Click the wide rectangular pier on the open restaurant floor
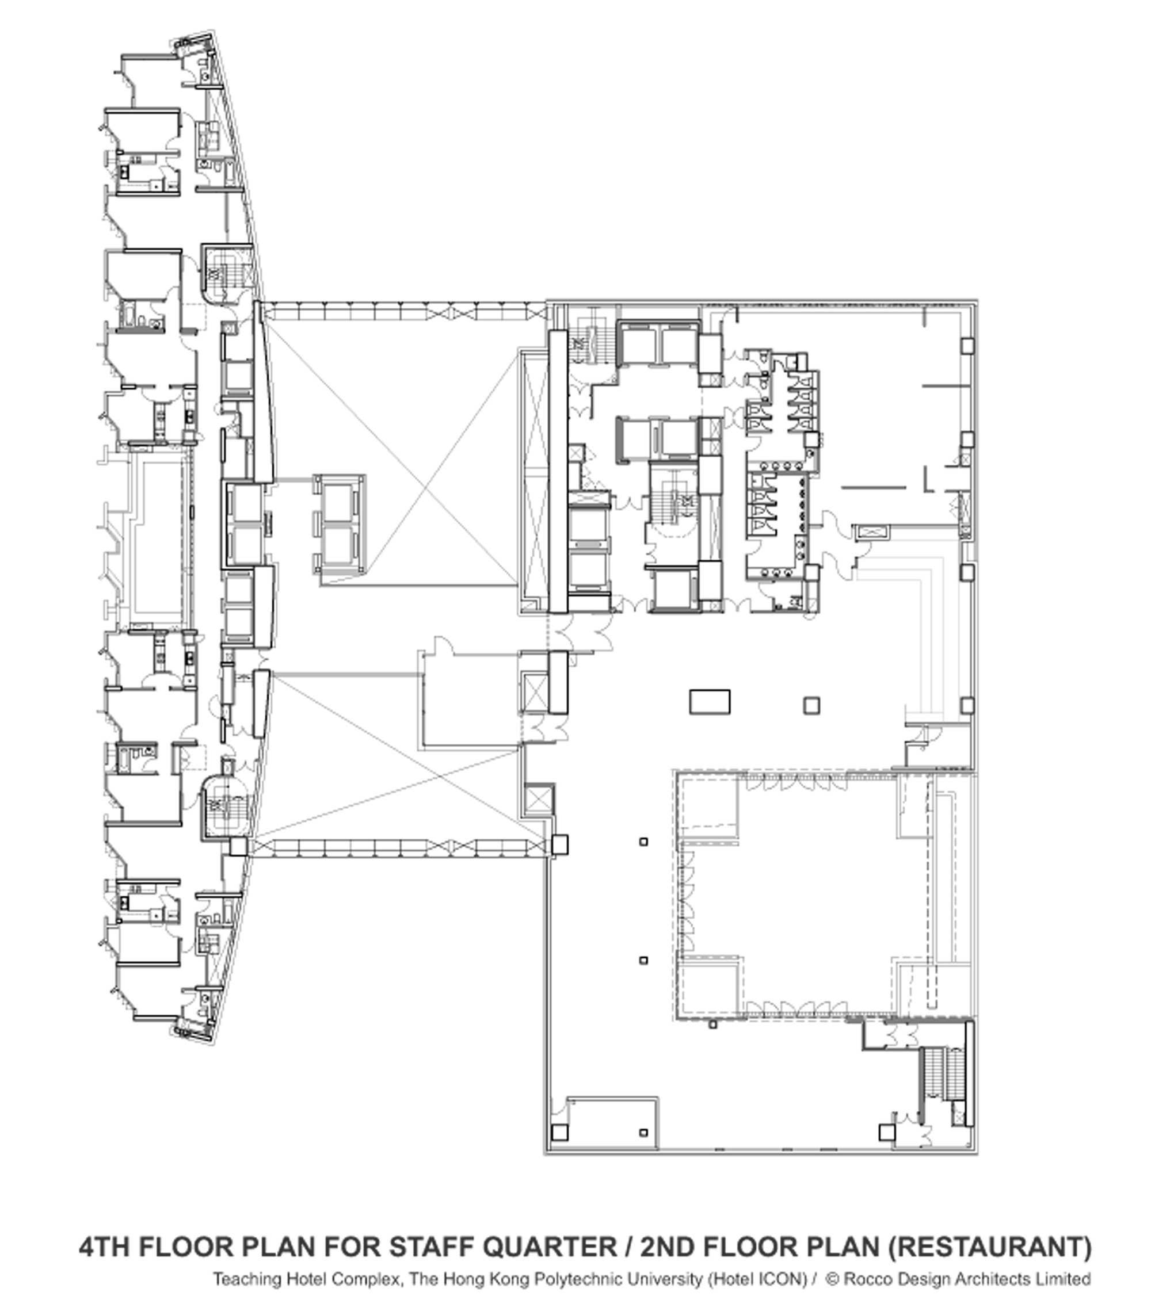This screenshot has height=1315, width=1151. click(710, 701)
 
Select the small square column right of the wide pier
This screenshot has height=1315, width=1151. click(811, 705)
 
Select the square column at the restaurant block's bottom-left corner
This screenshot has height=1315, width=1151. click(559, 1133)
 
